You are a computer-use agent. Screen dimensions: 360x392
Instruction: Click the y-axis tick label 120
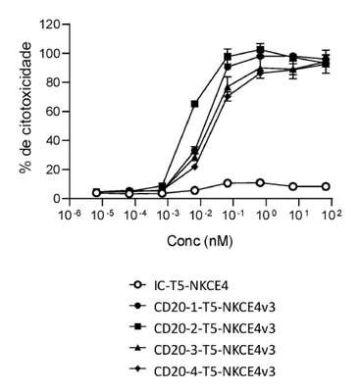(x=49, y=24)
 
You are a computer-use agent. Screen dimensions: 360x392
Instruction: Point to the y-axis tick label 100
(x=49, y=53)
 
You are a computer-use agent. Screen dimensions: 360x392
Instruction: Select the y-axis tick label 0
(x=56, y=199)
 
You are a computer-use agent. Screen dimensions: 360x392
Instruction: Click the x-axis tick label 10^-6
(x=71, y=216)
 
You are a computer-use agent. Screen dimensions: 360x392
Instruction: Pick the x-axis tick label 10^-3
(x=169, y=216)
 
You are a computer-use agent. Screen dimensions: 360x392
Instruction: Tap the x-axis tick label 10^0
(x=267, y=216)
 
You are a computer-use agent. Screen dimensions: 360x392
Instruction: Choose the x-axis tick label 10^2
(x=332, y=216)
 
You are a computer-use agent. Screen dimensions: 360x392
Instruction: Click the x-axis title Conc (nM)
(x=200, y=241)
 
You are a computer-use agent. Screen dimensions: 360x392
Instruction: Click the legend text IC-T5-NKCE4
(x=190, y=286)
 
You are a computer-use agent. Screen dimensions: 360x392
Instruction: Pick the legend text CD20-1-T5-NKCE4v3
(x=215, y=307)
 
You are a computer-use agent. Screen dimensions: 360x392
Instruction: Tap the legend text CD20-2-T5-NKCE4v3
(x=215, y=328)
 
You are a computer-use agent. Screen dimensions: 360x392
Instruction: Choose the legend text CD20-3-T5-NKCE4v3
(x=215, y=350)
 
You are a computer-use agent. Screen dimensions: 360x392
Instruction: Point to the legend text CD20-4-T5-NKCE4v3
(x=215, y=371)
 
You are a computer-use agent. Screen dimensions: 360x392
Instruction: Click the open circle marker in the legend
(x=138, y=285)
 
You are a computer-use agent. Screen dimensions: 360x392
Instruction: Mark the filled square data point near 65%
(x=195, y=104)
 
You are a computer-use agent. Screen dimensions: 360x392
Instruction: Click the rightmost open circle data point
(x=326, y=186)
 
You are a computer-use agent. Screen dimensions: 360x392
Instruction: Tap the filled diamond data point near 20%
(x=195, y=167)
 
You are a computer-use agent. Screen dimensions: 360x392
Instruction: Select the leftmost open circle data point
(x=96, y=193)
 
